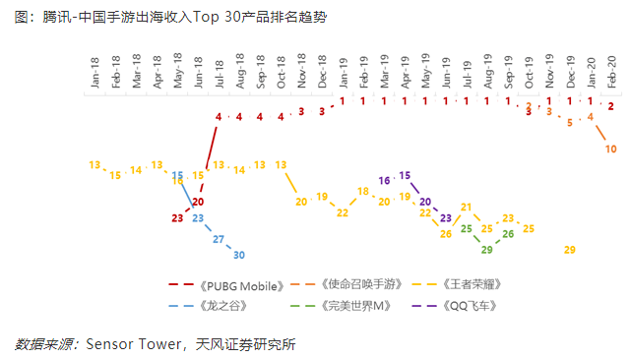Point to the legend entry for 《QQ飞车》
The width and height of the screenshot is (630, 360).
pyautogui.click(x=474, y=306)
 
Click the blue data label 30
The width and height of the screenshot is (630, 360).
pyautogui.click(x=239, y=255)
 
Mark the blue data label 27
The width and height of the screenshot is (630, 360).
pyautogui.click(x=219, y=239)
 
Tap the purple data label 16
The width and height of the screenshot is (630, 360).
pyautogui.click(x=385, y=181)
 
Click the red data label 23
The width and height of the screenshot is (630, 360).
pyautogui.click(x=177, y=218)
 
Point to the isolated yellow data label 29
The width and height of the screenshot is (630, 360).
pyautogui.click(x=569, y=250)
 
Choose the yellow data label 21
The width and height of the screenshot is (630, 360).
pyautogui.click(x=467, y=208)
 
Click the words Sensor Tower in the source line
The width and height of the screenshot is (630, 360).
pyautogui.click(x=132, y=344)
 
